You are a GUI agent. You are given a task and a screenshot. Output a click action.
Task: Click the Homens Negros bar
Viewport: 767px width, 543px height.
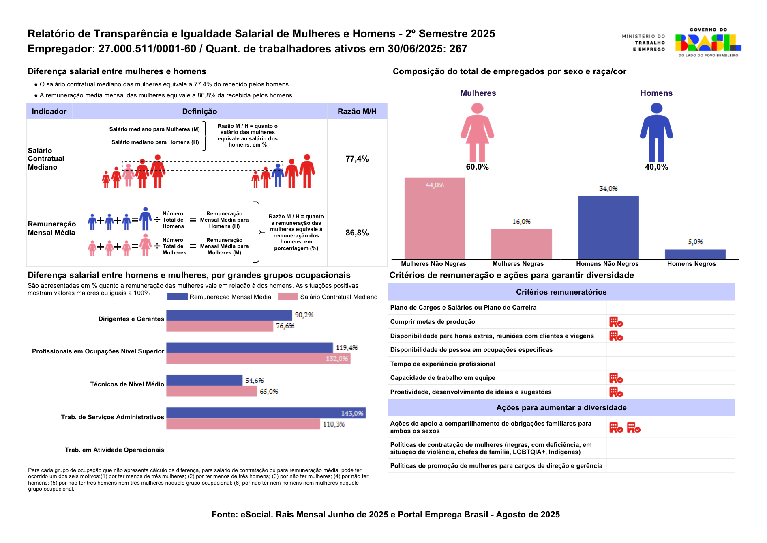pos(695,254)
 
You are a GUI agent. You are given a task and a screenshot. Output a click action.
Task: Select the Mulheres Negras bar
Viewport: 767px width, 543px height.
pos(521,244)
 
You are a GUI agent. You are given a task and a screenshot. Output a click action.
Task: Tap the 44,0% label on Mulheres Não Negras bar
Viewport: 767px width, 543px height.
pos(435,185)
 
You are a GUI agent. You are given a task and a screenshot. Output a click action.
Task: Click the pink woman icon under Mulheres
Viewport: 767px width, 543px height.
pos(477,132)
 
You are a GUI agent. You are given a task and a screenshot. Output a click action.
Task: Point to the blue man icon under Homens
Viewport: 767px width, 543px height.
pos(656,132)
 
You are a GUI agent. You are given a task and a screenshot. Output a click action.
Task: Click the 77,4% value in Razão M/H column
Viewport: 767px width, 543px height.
pos(357,159)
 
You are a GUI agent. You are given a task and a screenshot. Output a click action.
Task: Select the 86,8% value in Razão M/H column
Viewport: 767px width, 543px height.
pos(357,233)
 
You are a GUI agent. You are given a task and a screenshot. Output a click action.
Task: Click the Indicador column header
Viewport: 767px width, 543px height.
pos(49,111)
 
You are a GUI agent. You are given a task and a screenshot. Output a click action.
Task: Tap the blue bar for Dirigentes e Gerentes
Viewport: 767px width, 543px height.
pos(229,315)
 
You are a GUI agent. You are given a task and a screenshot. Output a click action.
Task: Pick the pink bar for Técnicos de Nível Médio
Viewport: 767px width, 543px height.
pos(212,391)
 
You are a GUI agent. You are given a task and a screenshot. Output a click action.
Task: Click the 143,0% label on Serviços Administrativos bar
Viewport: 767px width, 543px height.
pos(352,413)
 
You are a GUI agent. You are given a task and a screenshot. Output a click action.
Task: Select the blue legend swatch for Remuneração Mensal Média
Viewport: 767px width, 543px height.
pos(178,297)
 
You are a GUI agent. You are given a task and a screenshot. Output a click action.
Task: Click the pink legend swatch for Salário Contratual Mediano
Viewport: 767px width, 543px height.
pos(288,297)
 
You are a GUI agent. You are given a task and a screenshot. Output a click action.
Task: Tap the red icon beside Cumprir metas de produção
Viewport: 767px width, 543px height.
pos(616,322)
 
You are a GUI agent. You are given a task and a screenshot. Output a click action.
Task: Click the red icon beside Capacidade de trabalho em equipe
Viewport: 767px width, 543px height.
pos(616,378)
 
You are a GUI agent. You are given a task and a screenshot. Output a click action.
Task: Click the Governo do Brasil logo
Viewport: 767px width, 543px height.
pos(708,43)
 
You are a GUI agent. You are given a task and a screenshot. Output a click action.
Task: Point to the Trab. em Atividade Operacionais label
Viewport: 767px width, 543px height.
pos(115,450)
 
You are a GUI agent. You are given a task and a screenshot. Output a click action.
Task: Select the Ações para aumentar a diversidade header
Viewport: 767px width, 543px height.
pos(561,408)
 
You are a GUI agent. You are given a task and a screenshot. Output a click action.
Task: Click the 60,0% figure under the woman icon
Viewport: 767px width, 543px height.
pos(477,167)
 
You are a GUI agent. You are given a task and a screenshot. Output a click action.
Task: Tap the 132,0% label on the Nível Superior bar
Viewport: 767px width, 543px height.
pos(337,359)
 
